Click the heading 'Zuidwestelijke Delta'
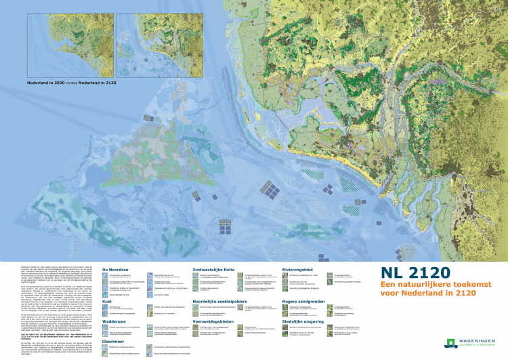[x=216, y=270]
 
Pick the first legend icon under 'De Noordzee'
[x=106, y=277]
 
